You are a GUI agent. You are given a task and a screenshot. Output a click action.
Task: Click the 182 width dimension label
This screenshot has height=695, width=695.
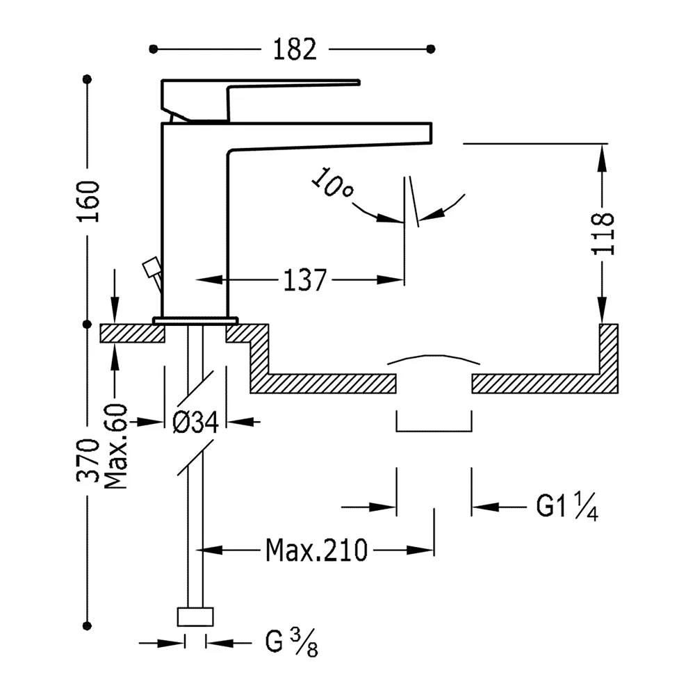(x=295, y=49)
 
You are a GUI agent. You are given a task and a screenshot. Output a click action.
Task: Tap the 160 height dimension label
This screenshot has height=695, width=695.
(x=89, y=202)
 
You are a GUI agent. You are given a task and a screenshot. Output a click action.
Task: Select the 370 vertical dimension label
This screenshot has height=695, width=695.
(x=88, y=461)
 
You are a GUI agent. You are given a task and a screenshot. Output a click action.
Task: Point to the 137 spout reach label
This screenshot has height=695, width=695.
(x=304, y=280)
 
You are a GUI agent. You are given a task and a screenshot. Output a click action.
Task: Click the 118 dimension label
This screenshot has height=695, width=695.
(x=603, y=234)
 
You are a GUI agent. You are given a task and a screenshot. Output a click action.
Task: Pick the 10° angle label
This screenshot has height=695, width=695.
(x=332, y=183)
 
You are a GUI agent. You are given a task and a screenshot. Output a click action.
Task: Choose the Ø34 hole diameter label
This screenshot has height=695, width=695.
(x=195, y=422)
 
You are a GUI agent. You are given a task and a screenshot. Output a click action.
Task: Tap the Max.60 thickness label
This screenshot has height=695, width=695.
(x=115, y=446)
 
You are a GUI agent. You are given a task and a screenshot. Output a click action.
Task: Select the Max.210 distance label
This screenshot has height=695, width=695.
(x=316, y=550)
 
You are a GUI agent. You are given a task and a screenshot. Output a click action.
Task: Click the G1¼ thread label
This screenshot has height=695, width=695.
(x=567, y=505)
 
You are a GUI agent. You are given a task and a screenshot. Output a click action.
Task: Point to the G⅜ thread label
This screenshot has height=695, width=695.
(x=292, y=642)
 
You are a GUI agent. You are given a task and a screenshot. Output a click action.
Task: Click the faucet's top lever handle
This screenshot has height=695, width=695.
(x=261, y=100)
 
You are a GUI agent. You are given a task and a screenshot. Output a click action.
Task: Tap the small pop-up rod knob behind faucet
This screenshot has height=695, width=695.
(x=151, y=267)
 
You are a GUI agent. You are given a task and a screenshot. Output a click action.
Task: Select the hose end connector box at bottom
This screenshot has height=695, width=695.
(x=195, y=616)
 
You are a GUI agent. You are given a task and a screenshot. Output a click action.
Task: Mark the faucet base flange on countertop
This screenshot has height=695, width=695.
(x=195, y=320)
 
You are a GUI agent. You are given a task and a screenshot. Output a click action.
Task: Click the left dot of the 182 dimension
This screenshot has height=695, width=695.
(x=154, y=49)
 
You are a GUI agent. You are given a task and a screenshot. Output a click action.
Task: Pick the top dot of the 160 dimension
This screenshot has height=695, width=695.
(x=88, y=79)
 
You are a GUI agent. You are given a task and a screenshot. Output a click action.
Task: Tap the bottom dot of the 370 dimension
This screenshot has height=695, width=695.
(x=88, y=626)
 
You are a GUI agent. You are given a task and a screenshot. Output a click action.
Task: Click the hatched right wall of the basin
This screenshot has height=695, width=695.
(x=609, y=358)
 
